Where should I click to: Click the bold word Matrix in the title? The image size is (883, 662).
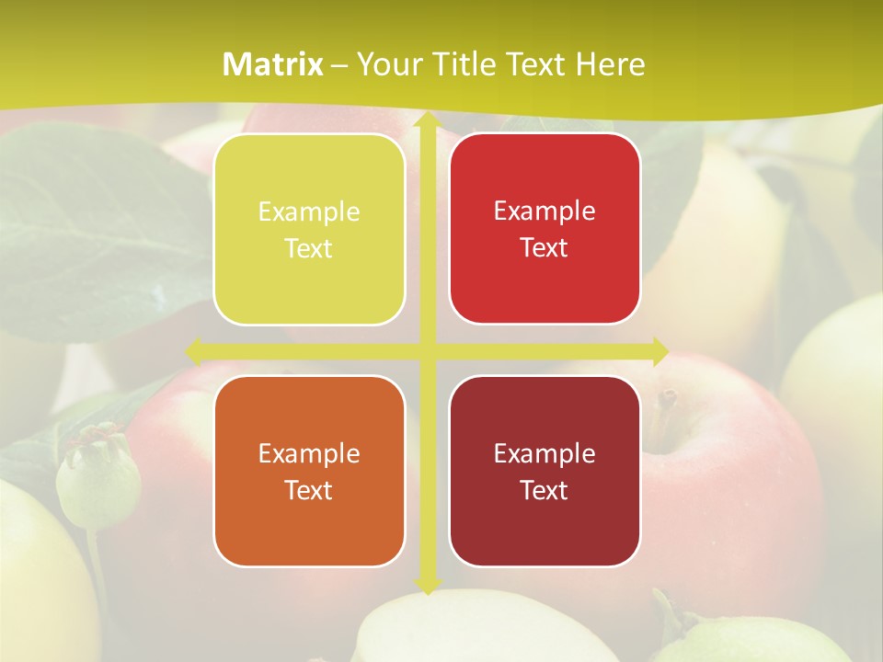point(273,64)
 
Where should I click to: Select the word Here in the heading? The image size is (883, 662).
point(610,64)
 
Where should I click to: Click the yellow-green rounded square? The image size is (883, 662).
point(309,230)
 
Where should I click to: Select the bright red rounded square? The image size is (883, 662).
point(545,229)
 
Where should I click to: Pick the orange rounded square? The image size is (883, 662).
point(309,471)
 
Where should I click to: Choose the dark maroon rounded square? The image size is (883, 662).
point(545,471)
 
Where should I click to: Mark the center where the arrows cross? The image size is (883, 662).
point(427,351)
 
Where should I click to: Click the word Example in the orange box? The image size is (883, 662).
point(309,453)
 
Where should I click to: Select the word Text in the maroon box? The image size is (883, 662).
point(545,490)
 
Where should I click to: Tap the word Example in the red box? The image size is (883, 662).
point(545,211)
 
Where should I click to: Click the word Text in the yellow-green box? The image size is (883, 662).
point(309,249)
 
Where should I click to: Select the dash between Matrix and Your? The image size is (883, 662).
point(339,65)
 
